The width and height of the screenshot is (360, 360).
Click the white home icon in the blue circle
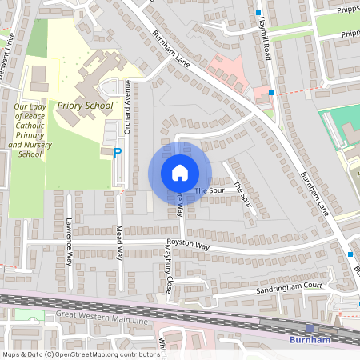point(180,173)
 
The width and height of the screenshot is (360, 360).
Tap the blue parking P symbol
point(118,152)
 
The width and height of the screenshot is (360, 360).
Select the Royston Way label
point(188,245)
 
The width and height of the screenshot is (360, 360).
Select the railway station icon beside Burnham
point(310,328)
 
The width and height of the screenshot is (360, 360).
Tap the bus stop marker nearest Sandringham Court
point(350,254)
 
